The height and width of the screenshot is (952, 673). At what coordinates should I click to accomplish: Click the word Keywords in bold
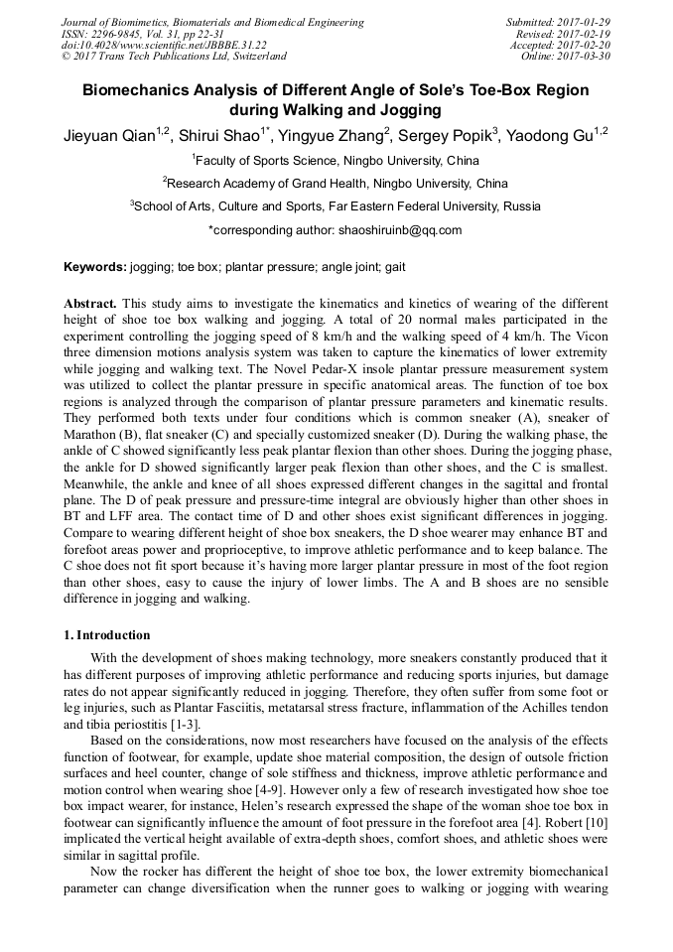pos(94,268)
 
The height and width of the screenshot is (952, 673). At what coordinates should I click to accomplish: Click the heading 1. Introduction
pos(107,635)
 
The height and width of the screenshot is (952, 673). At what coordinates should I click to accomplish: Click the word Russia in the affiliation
pos(521,206)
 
